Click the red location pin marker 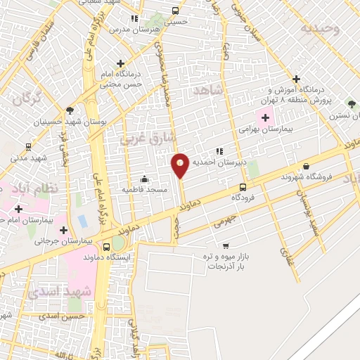pyautogui.click(x=181, y=165)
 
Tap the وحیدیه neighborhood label pyautogui.click(x=321, y=29)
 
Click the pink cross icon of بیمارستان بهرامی pyautogui.click(x=264, y=117)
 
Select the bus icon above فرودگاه pyautogui.click(x=243, y=187)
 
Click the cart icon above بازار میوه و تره pyautogui.click(x=225, y=245)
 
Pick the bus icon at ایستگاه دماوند pyautogui.click(x=106, y=247)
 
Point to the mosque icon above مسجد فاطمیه pyautogui.click(x=144, y=179)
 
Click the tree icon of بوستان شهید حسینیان pyautogui.click(x=69, y=110)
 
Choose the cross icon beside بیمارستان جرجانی pyautogui.click(x=64, y=229)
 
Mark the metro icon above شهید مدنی pyautogui.click(x=28, y=147)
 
